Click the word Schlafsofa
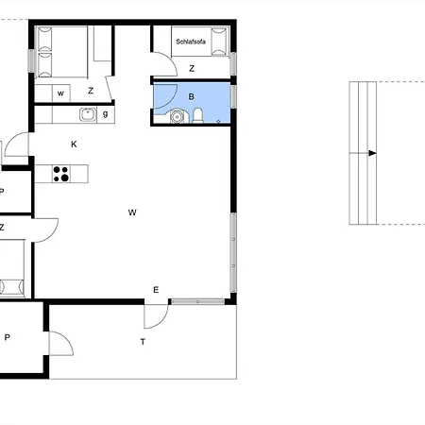[191, 42]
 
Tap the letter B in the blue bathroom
[191, 96]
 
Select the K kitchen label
[74, 144]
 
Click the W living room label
[132, 212]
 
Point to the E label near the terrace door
[156, 290]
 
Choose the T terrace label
[143, 342]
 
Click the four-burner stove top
[61, 174]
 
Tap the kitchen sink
[88, 114]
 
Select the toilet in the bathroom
[197, 115]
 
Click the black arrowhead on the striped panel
[372, 153]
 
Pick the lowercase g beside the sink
[106, 114]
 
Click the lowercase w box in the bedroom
[60, 93]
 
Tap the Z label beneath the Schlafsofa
[192, 68]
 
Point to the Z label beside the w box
[91, 91]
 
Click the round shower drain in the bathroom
[177, 116]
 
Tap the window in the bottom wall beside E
[197, 301]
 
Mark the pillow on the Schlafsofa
[219, 42]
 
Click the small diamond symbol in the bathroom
[218, 121]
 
